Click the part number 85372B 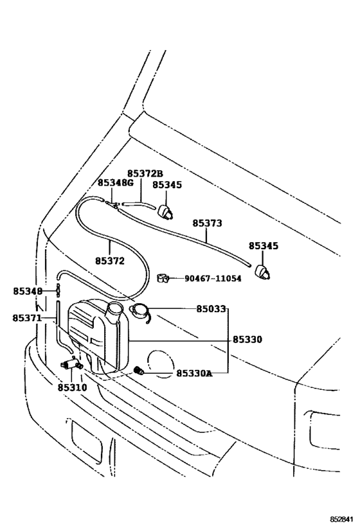pos(145,173)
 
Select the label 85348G pos(116,183)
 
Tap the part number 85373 pos(208,224)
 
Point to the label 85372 pos(109,261)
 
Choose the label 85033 pos(212,309)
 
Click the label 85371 pos(26,318)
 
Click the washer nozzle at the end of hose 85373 pos(263,271)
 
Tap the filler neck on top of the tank pos(116,311)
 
